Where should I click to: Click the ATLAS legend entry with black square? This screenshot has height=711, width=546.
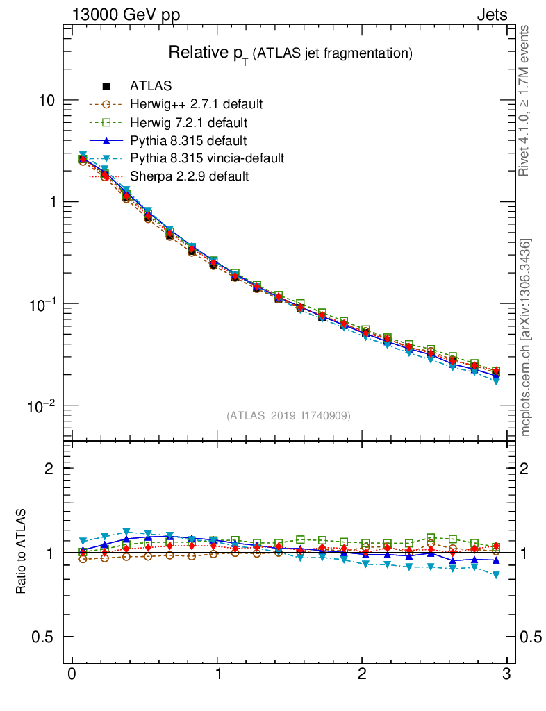[151, 86]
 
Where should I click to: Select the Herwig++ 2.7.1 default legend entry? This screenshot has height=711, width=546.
[196, 104]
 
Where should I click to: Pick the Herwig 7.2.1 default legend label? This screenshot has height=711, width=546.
[188, 123]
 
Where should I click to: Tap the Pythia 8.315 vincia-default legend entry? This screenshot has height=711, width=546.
[206, 158]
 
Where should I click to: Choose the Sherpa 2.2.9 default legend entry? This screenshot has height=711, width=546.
[189, 176]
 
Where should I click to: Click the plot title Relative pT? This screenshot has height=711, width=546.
[291, 53]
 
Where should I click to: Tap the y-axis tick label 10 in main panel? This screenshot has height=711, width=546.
[47, 101]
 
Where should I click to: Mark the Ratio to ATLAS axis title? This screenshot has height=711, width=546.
[22, 552]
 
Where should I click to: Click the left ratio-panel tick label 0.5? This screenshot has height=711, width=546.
[42, 637]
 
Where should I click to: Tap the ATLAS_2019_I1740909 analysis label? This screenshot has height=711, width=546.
[288, 416]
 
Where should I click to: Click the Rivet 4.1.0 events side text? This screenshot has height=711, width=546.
[526, 101]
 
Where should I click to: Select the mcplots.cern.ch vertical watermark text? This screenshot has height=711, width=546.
[526, 337]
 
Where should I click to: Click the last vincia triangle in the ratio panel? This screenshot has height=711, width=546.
[497, 575]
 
